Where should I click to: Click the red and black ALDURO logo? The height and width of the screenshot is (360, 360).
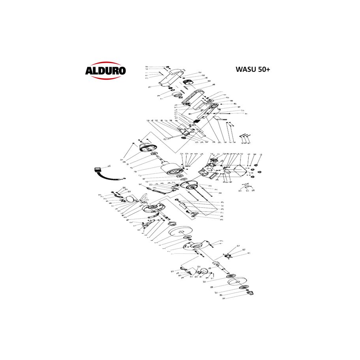pyautogui.click(x=105, y=71)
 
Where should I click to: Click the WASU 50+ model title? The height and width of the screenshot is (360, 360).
pyautogui.click(x=253, y=69)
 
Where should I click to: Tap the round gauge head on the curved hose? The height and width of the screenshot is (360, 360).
pyautogui.click(x=96, y=171)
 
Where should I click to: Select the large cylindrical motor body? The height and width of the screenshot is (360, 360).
pyautogui.click(x=169, y=169)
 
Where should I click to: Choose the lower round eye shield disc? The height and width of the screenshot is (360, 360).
pyautogui.click(x=204, y=272)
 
